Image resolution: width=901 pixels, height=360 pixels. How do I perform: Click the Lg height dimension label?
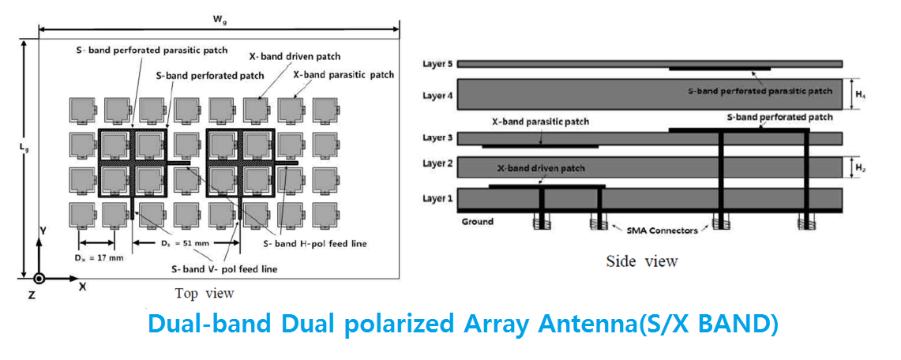tap(21, 148)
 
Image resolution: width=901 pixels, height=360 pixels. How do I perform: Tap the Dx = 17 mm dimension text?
tap(99, 258)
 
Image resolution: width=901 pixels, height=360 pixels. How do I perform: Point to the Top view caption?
tap(205, 294)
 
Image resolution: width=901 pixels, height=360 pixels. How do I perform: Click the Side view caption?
tap(643, 261)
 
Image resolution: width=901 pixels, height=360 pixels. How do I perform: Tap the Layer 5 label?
tap(437, 63)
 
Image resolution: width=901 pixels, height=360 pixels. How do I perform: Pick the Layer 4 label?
tap(437, 95)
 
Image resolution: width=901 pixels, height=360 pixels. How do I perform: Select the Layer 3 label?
tap(437, 138)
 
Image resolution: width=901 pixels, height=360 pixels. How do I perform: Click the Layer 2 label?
tap(437, 163)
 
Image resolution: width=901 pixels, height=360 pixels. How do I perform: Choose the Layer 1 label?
tap(437, 199)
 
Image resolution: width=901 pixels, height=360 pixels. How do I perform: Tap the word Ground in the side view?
tap(477, 221)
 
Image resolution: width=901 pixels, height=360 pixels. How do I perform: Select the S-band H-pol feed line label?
tap(315, 243)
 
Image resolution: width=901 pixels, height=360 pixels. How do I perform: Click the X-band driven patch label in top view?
tap(295, 56)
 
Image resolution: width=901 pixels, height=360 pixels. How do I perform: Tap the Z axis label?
tap(32, 294)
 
